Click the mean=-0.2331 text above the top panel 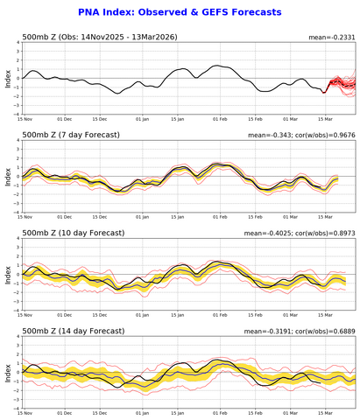[334, 38]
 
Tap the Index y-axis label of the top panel [7, 78]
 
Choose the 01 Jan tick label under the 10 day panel [138, 313]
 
